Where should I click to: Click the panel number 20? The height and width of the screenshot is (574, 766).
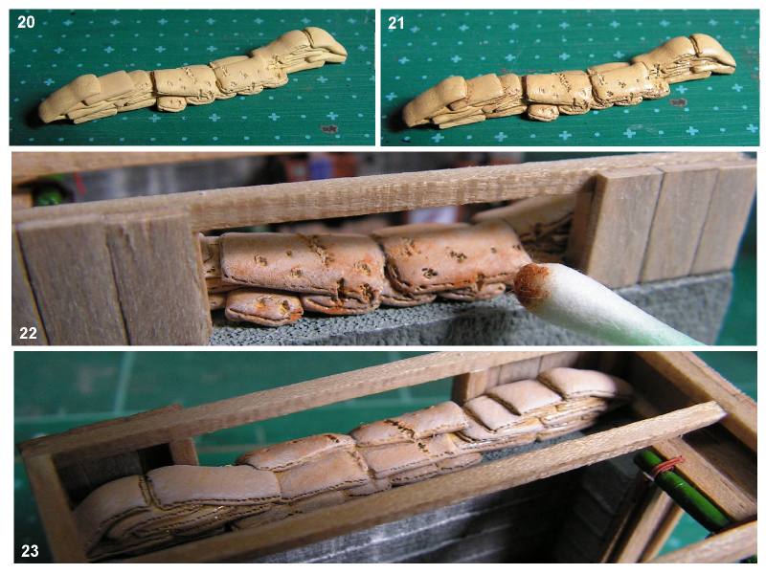(26, 22)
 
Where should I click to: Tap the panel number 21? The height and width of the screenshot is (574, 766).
(395, 23)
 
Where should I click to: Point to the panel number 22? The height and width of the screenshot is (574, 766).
(29, 333)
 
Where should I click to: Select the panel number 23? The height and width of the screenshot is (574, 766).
(30, 551)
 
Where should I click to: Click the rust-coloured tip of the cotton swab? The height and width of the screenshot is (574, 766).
(531, 283)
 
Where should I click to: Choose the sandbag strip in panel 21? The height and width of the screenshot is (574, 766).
(569, 82)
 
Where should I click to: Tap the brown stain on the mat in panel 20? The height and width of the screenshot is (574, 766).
(329, 129)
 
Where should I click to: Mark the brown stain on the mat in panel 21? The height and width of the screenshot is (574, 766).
(678, 102)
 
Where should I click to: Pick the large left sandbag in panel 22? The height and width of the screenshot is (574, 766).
(301, 266)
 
